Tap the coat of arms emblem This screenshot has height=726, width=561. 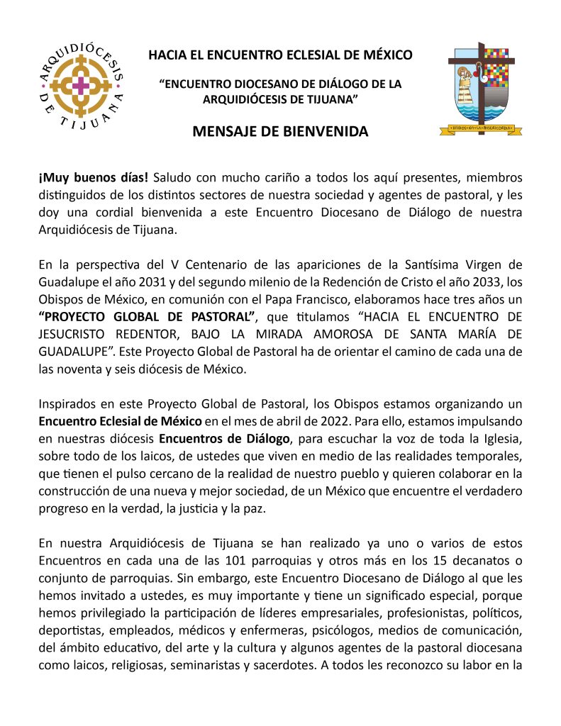[x=482, y=89]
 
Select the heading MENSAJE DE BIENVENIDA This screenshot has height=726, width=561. [x=280, y=131]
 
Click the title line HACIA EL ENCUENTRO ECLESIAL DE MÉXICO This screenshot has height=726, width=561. [x=280, y=55]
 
